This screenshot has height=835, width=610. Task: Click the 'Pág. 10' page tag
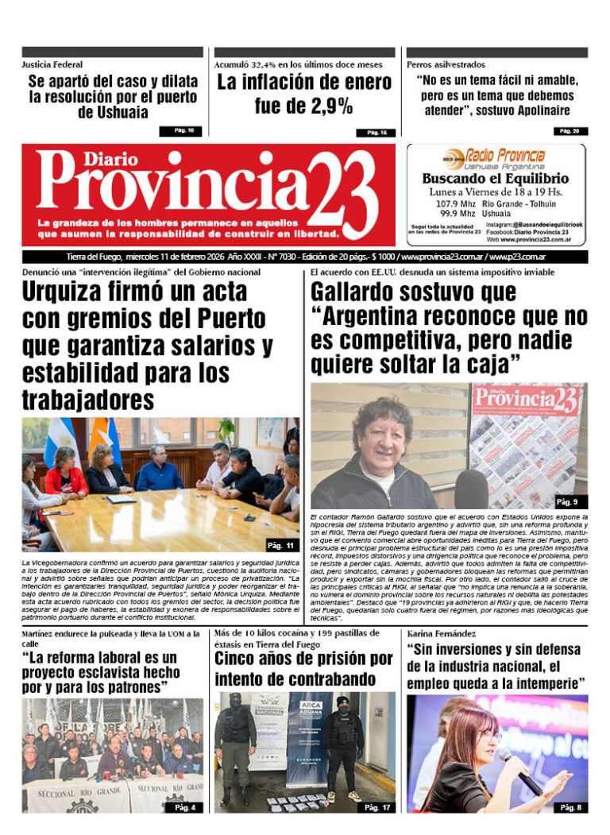[x=181, y=130]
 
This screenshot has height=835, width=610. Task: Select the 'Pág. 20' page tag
[x=569, y=130]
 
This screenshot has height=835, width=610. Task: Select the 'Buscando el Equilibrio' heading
[x=495, y=179]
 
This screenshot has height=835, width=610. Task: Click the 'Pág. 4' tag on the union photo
[x=184, y=807]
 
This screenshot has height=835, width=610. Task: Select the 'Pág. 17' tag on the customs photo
[x=376, y=807]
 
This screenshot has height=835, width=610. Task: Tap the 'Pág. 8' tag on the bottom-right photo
[x=569, y=807]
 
